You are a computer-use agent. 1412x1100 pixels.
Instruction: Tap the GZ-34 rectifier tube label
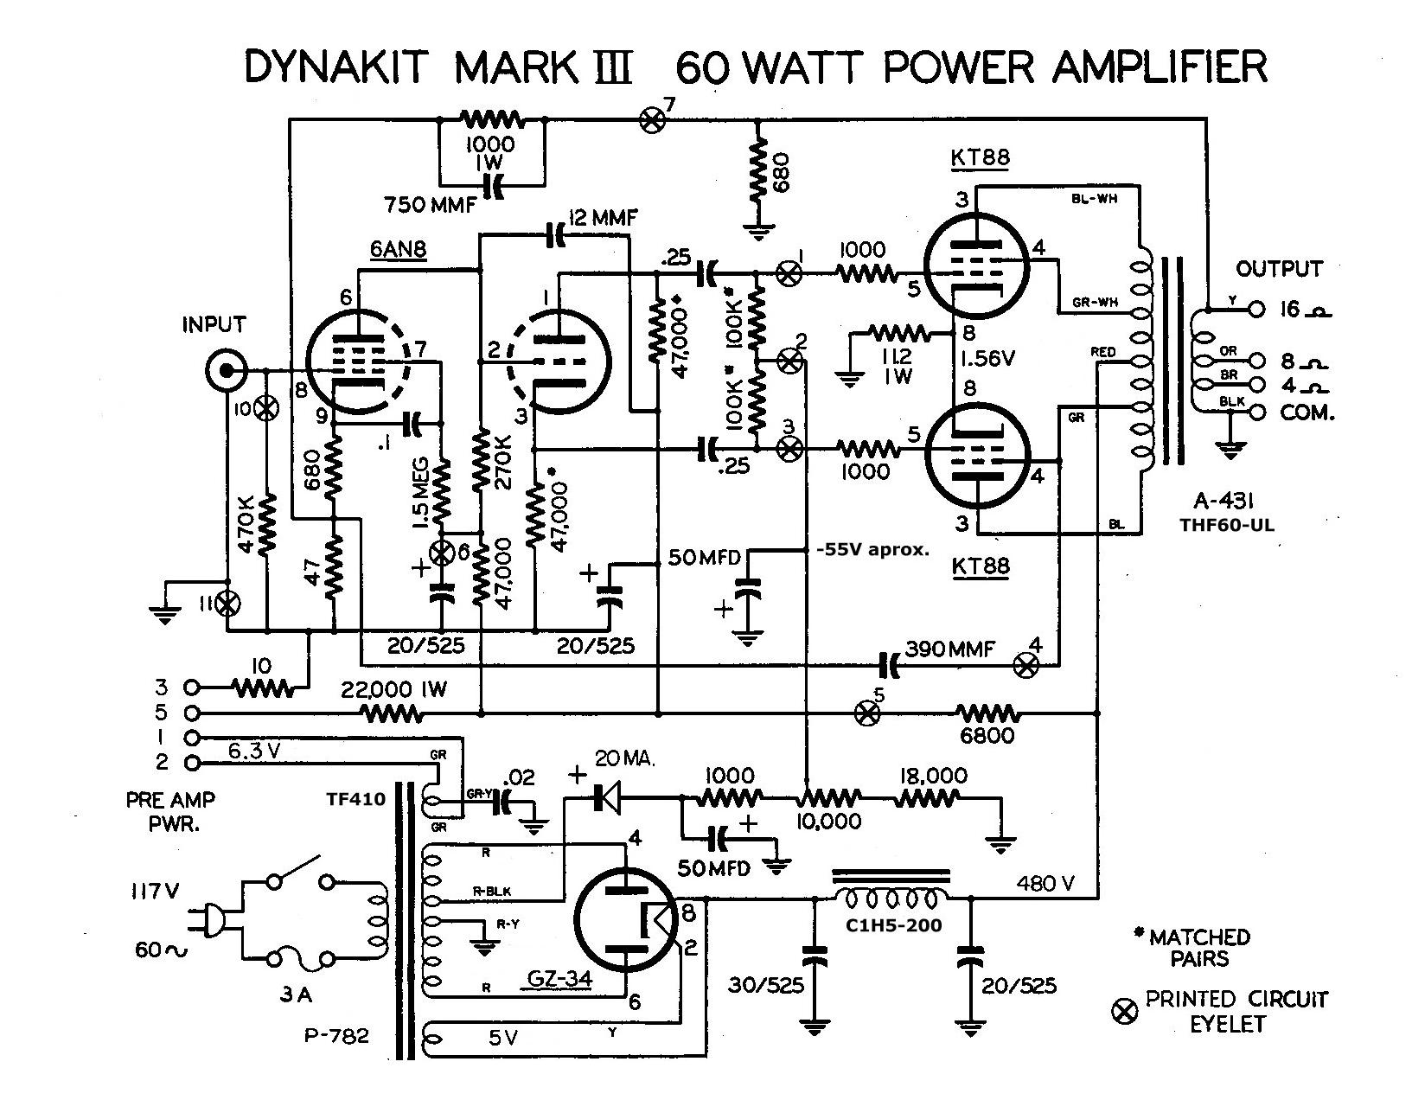[x=559, y=977]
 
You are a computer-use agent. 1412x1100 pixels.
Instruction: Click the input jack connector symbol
[x=225, y=371]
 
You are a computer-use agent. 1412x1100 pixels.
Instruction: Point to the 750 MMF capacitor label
[x=431, y=205]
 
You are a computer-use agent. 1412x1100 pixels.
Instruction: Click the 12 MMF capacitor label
[x=603, y=218]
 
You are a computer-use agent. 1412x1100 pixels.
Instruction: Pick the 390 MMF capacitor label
[x=949, y=649]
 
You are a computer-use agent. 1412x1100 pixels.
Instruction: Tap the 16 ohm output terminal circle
[x=1256, y=310]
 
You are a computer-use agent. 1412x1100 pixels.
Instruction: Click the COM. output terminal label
[x=1307, y=412]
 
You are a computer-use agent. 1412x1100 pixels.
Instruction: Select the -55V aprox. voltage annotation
[x=872, y=550]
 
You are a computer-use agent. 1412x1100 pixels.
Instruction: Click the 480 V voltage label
[x=1045, y=883]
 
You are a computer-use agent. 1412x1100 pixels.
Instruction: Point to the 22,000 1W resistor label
[x=393, y=689]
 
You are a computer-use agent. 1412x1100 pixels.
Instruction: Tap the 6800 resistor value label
[x=987, y=736]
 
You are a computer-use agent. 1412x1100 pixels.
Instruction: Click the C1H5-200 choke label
[x=894, y=925]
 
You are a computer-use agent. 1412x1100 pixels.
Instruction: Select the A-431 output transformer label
[x=1224, y=501]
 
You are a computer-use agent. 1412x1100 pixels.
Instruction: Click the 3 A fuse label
[x=297, y=994]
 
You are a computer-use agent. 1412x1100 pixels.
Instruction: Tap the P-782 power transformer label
[x=336, y=1035]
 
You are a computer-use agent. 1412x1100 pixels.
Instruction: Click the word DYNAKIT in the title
[x=336, y=67]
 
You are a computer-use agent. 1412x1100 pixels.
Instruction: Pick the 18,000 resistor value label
[x=933, y=775]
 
